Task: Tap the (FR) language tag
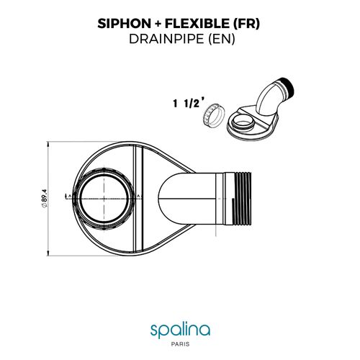point(248,24)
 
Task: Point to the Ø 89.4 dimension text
point(45,196)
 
